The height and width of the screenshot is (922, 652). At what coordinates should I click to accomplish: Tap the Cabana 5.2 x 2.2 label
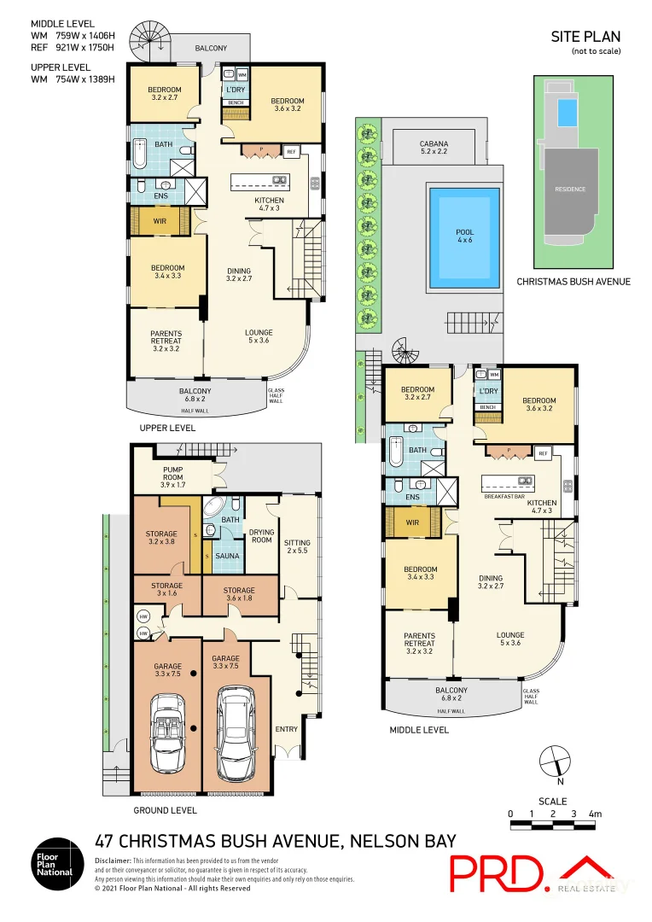click(434, 148)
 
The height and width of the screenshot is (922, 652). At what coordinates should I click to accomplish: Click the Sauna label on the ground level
click(227, 556)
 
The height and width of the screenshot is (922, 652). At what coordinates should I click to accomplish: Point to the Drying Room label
click(261, 535)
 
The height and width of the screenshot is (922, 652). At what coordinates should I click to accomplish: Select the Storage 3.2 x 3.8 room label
click(161, 539)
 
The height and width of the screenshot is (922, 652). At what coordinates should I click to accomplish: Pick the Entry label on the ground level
click(286, 728)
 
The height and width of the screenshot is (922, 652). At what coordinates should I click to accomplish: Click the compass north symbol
click(554, 759)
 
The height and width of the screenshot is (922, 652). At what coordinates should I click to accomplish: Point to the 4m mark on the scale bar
click(596, 814)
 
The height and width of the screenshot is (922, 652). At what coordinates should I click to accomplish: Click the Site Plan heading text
click(585, 37)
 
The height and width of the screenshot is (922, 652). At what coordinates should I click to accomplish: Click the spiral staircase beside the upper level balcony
click(146, 41)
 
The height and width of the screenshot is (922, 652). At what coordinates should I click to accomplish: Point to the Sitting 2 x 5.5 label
click(298, 547)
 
